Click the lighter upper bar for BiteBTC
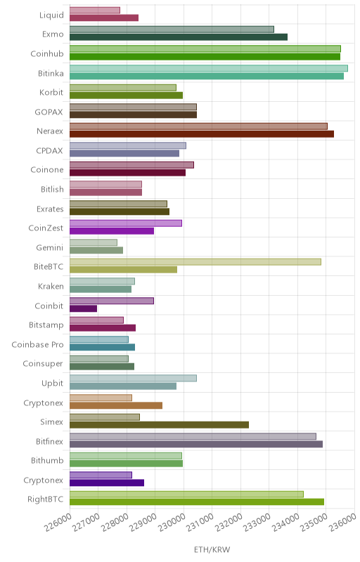[195, 262]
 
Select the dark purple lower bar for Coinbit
[83, 308]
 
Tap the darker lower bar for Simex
[159, 425]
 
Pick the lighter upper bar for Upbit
[133, 378]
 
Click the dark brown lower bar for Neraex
[202, 134]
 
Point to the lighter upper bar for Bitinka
[209, 68]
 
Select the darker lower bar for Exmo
[179, 37]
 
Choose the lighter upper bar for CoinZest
[126, 223]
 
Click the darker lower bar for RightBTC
[197, 502]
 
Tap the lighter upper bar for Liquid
[95, 10]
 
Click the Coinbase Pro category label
[37, 344]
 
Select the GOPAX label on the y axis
[49, 112]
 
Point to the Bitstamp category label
[46, 325]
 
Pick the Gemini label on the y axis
[49, 247]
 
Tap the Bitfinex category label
[49, 441]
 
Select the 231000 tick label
[201, 522]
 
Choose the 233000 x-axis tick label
[258, 522]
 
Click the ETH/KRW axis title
[212, 549]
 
